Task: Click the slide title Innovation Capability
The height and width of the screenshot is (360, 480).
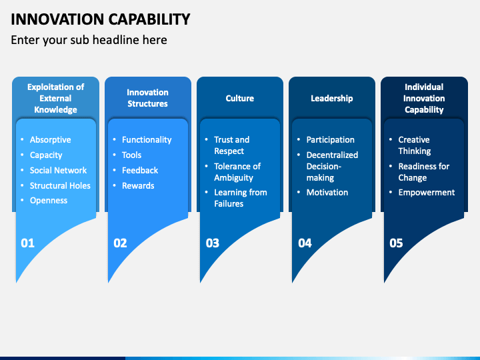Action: pyautogui.click(x=101, y=19)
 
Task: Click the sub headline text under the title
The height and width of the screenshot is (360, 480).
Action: pyautogui.click(x=89, y=40)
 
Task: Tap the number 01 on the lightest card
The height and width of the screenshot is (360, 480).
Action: pyautogui.click(x=27, y=243)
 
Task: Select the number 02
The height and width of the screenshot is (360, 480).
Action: pyautogui.click(x=120, y=243)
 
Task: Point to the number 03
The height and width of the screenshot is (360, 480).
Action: pyautogui.click(x=213, y=243)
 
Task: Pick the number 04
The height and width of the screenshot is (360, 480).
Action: pyautogui.click(x=305, y=243)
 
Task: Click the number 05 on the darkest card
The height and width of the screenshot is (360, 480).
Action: pyautogui.click(x=396, y=243)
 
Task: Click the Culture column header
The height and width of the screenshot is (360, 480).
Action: pyautogui.click(x=240, y=98)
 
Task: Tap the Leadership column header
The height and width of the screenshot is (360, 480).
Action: pyautogui.click(x=332, y=98)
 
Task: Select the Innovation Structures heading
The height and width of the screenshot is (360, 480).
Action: pyautogui.click(x=147, y=98)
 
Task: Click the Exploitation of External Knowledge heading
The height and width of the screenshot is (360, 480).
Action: pyautogui.click(x=56, y=98)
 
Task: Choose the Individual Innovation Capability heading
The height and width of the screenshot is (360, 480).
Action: pyautogui.click(x=424, y=98)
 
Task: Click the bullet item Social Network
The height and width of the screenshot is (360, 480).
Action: pyautogui.click(x=58, y=170)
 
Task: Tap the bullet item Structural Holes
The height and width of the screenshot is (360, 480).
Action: pyautogui.click(x=60, y=185)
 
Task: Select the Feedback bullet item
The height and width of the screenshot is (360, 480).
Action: pyautogui.click(x=140, y=170)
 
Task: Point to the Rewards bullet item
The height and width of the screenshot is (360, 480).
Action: pyautogui.click(x=138, y=185)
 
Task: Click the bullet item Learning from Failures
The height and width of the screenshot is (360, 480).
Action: pyautogui.click(x=241, y=198)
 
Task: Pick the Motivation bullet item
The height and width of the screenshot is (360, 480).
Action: pyautogui.click(x=327, y=192)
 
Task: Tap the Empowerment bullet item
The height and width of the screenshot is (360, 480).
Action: pyautogui.click(x=427, y=193)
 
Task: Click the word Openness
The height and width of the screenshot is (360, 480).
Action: pyautogui.click(x=49, y=201)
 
